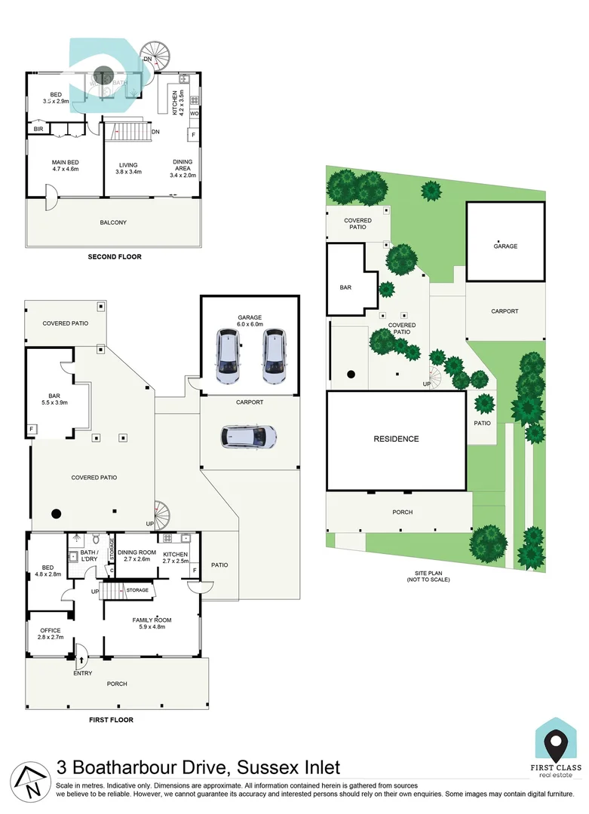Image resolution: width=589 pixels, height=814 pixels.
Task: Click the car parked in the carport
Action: (x=248, y=436)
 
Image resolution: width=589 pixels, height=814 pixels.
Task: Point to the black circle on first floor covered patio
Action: (x=55, y=514)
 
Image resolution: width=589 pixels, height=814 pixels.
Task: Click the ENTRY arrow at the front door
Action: (x=81, y=659)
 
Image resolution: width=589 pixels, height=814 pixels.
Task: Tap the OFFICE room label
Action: (x=50, y=630)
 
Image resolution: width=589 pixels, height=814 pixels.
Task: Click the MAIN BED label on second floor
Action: (x=66, y=162)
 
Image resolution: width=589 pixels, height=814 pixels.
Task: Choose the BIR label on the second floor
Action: (x=38, y=130)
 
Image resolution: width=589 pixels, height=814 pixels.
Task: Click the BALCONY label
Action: (x=113, y=222)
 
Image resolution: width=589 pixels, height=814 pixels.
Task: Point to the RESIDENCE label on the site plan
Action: (x=396, y=439)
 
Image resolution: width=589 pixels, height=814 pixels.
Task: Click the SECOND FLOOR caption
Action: (x=115, y=257)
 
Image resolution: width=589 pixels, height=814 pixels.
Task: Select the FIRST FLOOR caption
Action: (x=111, y=720)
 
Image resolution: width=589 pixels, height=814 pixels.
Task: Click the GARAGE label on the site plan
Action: (x=505, y=246)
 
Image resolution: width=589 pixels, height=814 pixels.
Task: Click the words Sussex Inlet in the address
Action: (x=289, y=767)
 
